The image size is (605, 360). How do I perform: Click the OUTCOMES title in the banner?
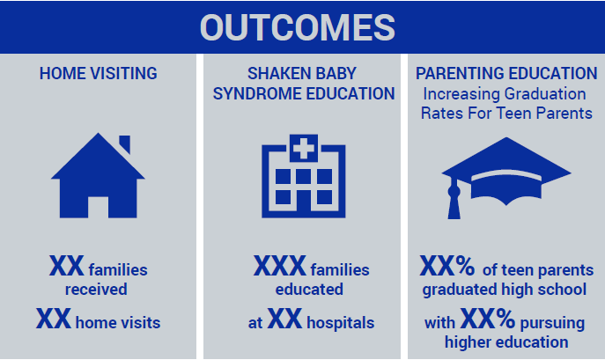(x=298, y=27)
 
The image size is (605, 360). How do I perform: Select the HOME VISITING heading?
(x=99, y=73)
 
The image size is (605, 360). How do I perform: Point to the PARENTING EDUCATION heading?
(x=506, y=73)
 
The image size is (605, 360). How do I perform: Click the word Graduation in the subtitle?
(x=545, y=94)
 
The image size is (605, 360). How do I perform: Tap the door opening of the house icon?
(x=98, y=208)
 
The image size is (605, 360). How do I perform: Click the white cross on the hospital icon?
(x=304, y=149)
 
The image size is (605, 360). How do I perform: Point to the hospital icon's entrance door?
(x=304, y=203)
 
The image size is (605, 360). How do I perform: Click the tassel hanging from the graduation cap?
(x=454, y=199)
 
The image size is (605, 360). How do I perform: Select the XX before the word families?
(x=66, y=266)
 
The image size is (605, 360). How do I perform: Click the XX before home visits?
(x=54, y=319)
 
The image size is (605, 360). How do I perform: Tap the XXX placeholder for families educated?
(x=280, y=266)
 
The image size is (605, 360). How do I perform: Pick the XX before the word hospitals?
(x=284, y=319)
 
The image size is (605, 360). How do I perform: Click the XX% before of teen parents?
(x=447, y=266)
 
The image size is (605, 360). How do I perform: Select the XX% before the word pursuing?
(x=488, y=319)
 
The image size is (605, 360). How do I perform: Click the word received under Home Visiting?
(x=96, y=290)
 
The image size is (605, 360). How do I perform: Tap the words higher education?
(x=506, y=342)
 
